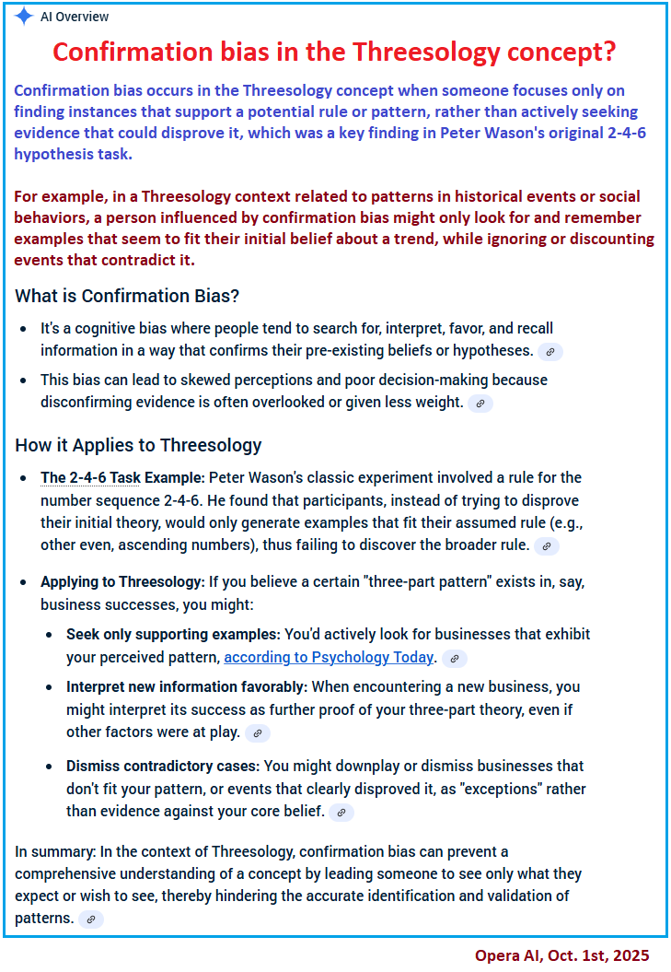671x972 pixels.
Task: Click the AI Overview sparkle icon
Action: point(24,17)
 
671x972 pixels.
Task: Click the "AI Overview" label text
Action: point(75,17)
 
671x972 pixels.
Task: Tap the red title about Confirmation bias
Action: point(334,52)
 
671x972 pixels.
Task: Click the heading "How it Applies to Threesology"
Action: point(138,445)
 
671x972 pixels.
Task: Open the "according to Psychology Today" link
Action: point(329,657)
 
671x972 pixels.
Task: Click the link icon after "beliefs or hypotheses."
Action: point(550,351)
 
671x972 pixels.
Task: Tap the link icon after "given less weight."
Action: point(480,403)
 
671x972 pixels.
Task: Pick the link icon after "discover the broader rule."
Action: point(547,545)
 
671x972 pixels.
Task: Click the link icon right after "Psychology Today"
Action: point(455,658)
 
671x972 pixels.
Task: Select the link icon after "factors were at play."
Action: point(258,733)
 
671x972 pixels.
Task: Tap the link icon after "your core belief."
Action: point(341,812)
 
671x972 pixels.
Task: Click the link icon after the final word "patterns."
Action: point(91,919)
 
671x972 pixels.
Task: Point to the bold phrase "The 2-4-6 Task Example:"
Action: point(122,477)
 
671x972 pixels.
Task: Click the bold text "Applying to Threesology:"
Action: point(122,582)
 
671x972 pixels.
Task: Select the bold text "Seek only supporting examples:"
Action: point(173,634)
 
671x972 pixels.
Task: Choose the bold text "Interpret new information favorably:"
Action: point(187,686)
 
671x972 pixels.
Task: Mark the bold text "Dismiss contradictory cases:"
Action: point(162,766)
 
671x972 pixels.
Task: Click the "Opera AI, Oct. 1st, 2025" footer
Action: point(561,955)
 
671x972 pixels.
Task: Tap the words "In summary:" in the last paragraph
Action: point(52,850)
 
